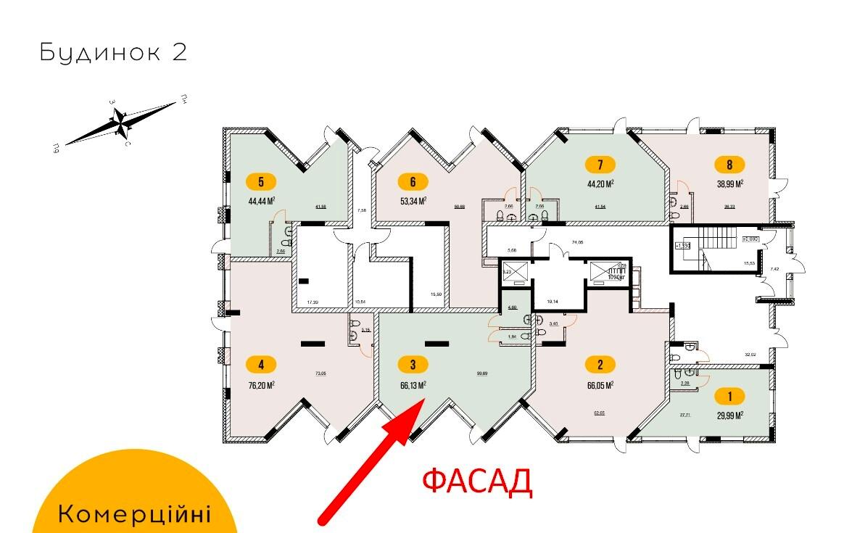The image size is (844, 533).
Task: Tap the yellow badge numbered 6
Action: (x=413, y=181)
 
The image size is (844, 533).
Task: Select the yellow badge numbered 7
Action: (x=601, y=164)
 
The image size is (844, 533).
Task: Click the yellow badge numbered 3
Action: (x=413, y=365)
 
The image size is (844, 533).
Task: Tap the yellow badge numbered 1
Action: (x=729, y=396)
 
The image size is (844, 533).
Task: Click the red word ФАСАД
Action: (x=476, y=481)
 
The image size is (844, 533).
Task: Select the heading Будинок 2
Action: (x=113, y=52)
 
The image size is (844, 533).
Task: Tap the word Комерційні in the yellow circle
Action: (x=134, y=515)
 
